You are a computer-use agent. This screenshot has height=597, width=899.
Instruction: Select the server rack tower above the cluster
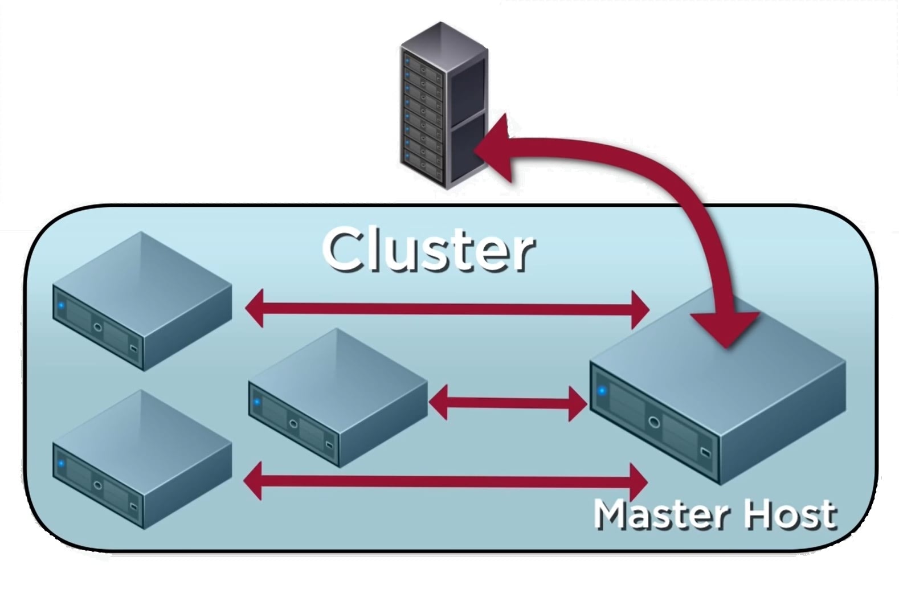[444, 105]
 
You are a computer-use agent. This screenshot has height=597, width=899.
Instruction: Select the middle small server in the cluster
[337, 398]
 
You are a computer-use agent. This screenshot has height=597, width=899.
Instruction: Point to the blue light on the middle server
[257, 402]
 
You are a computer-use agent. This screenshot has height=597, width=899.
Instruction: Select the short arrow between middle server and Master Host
[507, 403]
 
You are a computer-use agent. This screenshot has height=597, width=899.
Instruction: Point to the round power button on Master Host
[653, 422]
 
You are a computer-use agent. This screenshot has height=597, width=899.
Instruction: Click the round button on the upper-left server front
[98, 328]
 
